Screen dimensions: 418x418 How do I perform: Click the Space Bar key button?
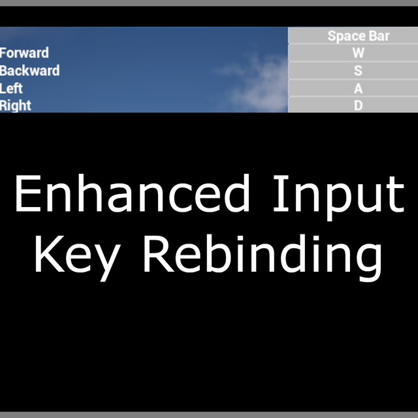[x=353, y=35]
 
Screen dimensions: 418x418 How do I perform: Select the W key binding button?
[x=353, y=53]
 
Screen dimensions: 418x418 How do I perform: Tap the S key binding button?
[x=353, y=71]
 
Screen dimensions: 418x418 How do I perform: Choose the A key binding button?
[x=353, y=88]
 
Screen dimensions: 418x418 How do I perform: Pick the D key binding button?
[x=353, y=104]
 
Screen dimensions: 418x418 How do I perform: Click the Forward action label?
[x=24, y=53]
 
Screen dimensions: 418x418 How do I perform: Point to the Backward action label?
[x=29, y=71]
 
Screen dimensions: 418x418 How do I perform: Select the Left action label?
[x=11, y=88]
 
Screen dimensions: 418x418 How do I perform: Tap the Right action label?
[x=16, y=106]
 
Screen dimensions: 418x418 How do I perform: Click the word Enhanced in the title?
[x=132, y=193]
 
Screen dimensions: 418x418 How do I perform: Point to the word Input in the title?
[x=339, y=198]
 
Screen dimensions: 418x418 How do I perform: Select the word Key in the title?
[x=77, y=258]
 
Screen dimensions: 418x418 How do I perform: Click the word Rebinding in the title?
[x=263, y=257]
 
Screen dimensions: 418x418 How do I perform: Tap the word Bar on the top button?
[x=379, y=36]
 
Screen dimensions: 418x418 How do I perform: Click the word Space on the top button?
[x=347, y=37]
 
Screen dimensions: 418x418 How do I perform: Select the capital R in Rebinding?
[x=159, y=254]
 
